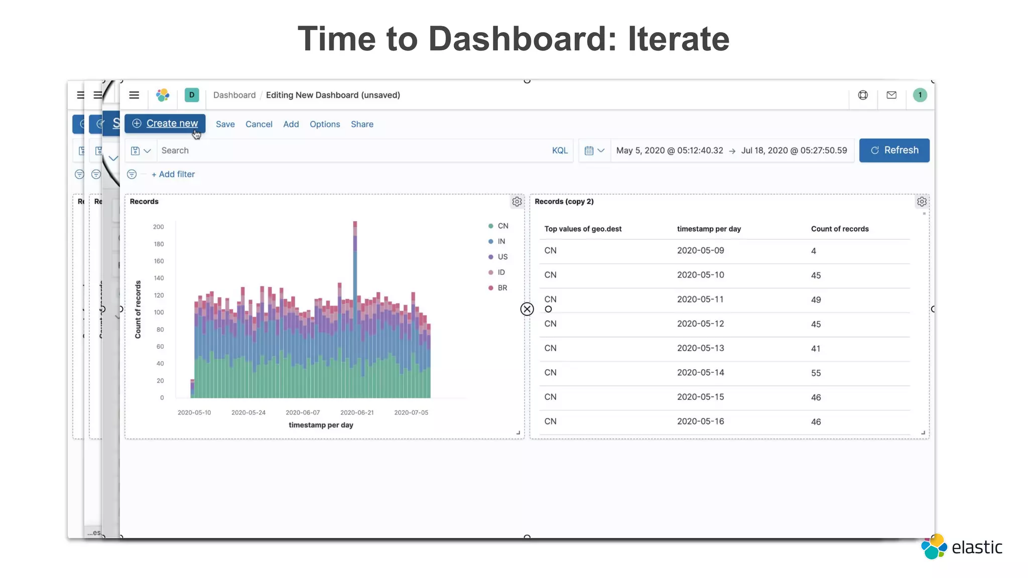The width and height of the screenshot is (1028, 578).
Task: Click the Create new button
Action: click(x=165, y=123)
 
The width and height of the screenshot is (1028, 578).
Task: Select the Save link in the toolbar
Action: click(x=225, y=124)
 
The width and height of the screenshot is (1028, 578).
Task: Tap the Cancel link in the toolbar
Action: click(x=259, y=124)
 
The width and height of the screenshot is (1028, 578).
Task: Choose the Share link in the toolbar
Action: click(x=362, y=124)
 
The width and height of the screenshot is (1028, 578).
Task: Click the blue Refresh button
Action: click(x=894, y=150)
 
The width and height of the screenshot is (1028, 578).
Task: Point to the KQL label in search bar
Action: click(x=560, y=151)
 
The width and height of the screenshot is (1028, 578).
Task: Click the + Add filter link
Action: click(x=173, y=174)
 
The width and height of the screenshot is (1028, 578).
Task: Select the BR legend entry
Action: click(x=502, y=288)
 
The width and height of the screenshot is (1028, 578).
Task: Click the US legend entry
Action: click(x=502, y=257)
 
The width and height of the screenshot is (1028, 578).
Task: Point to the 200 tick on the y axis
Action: click(x=159, y=227)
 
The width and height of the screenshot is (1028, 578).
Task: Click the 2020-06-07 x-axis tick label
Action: click(x=303, y=412)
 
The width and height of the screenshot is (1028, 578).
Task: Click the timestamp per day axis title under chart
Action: click(x=321, y=425)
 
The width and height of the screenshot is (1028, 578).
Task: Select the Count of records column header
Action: click(x=840, y=229)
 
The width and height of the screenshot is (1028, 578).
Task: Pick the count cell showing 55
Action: click(x=816, y=373)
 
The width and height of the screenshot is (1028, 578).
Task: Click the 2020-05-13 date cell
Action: click(x=700, y=348)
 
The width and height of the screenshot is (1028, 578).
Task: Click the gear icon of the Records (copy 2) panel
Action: click(x=922, y=202)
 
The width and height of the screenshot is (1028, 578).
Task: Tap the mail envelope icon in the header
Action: click(x=891, y=95)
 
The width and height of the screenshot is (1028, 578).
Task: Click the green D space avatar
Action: click(x=192, y=95)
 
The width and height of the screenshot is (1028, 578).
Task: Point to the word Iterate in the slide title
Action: click(x=679, y=39)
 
